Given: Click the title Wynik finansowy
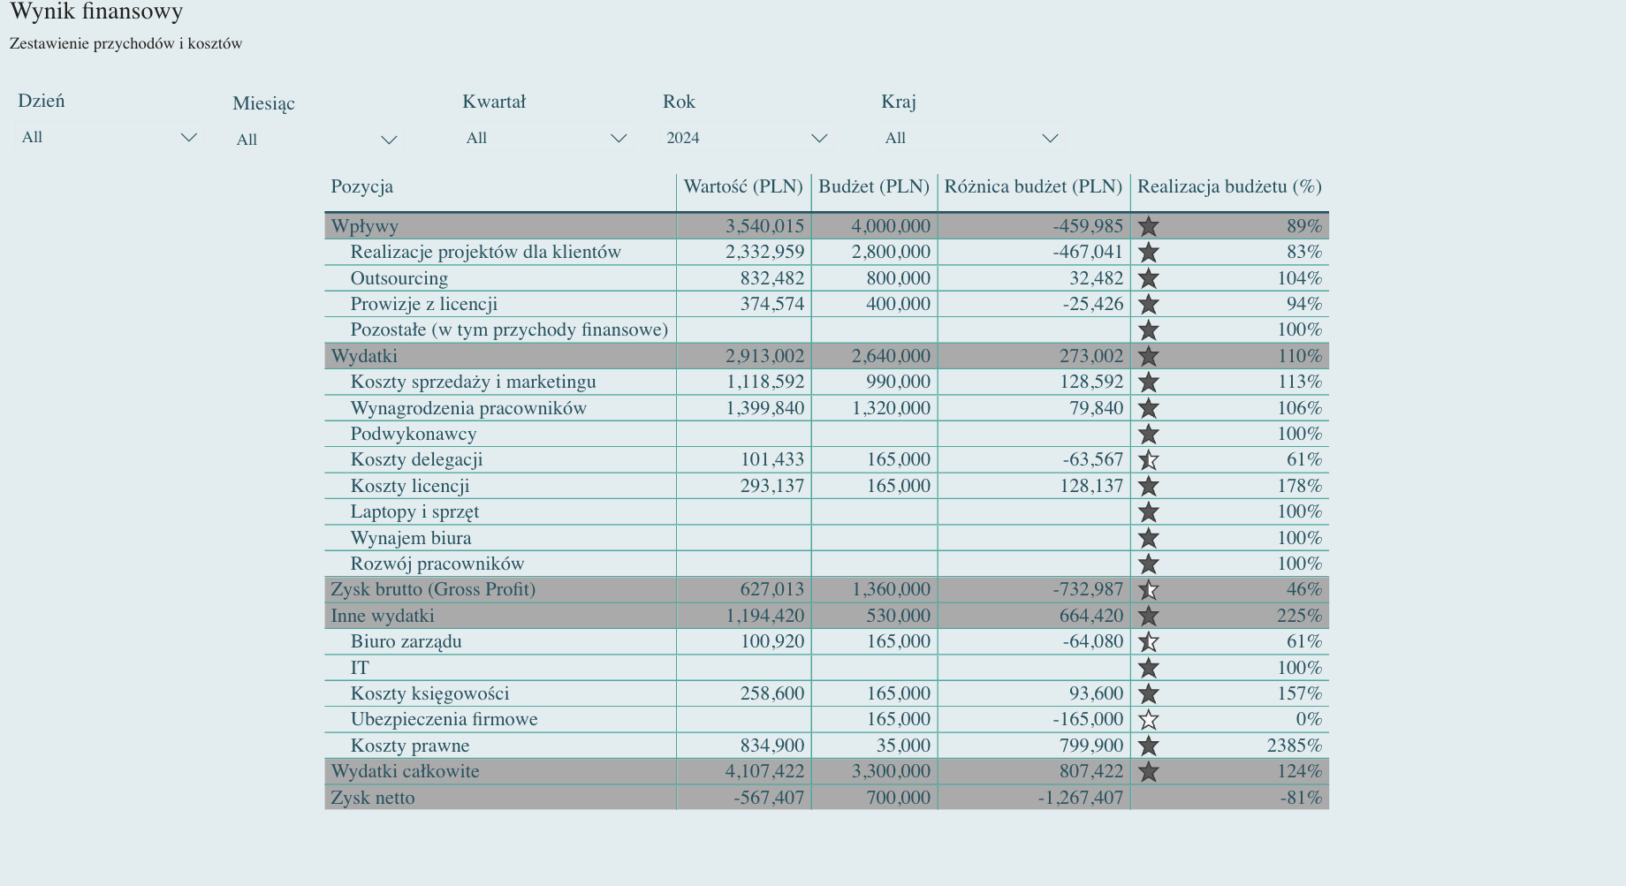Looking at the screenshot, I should tap(96, 11).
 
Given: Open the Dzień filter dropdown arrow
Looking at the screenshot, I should tap(188, 137).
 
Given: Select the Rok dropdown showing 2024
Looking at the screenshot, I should tap(746, 138).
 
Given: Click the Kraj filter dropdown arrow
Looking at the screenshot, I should tap(1050, 138).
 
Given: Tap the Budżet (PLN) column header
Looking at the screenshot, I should tap(873, 186).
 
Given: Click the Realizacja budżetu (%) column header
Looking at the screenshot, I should tap(1228, 186).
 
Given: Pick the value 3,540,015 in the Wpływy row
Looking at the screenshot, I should tap(764, 226).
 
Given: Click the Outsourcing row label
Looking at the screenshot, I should tap(399, 278).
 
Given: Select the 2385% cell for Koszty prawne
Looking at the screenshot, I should tap(1294, 746).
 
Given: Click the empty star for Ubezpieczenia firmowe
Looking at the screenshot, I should tap(1148, 720).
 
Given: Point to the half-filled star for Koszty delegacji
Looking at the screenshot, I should tap(1148, 460).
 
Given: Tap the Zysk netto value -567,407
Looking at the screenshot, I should tap(768, 798).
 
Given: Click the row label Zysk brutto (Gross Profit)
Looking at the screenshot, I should tap(433, 589).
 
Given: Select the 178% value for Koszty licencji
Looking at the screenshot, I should tap(1299, 486).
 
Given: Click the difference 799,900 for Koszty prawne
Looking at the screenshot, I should tap(1091, 746).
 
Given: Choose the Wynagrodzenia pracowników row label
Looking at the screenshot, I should tap(468, 408).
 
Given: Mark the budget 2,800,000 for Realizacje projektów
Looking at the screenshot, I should tap(891, 252).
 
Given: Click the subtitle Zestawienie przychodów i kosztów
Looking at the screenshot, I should tap(125, 43).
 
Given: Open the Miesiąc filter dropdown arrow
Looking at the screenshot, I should tap(389, 140).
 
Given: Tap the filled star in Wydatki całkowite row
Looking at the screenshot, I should tap(1148, 772).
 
